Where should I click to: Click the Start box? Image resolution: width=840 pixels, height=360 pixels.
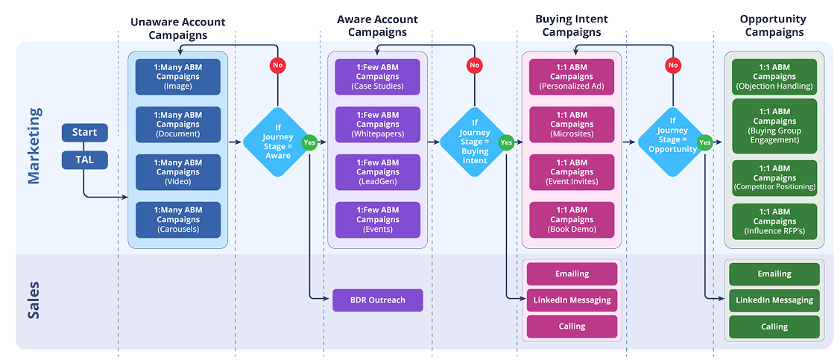pyautogui.click(x=84, y=133)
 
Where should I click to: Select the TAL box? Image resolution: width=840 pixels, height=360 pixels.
pyautogui.click(x=84, y=160)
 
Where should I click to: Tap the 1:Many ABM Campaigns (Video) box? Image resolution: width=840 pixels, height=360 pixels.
pyautogui.click(x=178, y=172)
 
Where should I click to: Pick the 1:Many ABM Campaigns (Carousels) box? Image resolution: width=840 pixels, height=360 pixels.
pyautogui.click(x=178, y=220)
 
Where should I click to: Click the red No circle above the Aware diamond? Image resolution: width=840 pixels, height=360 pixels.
pyautogui.click(x=278, y=66)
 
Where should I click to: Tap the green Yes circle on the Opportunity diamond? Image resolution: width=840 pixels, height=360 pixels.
pyautogui.click(x=704, y=142)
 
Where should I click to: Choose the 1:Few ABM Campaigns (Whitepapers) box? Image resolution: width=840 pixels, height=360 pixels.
pyautogui.click(x=377, y=124)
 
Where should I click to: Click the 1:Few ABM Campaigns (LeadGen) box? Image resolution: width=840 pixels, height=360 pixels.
pyautogui.click(x=377, y=172)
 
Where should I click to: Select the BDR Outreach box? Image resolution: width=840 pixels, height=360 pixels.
pyautogui.click(x=378, y=300)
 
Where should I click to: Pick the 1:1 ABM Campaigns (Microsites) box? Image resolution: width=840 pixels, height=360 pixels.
pyautogui.click(x=572, y=124)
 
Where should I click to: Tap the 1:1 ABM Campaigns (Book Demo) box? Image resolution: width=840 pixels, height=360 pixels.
pyautogui.click(x=572, y=220)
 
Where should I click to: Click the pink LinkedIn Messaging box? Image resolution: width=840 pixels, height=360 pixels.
pyautogui.click(x=572, y=300)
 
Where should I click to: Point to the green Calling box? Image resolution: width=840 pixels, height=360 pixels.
pyautogui.click(x=774, y=326)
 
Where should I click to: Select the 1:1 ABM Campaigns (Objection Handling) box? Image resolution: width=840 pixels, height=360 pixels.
pyautogui.click(x=774, y=77)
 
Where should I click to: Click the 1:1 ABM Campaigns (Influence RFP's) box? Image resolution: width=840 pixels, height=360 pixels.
pyautogui.click(x=774, y=221)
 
